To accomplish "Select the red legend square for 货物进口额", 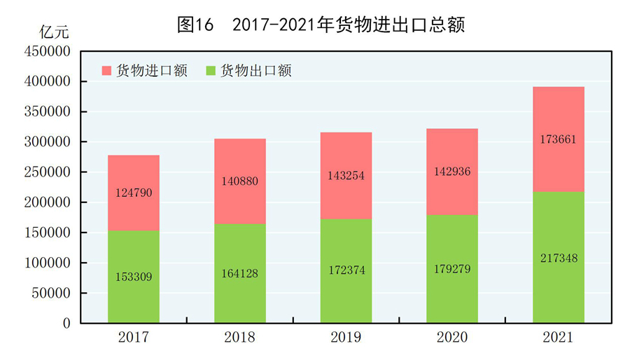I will pos(107,71).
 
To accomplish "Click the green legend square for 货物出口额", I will pos(211,71).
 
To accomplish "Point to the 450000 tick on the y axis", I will pos(48,52).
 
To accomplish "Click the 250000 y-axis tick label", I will pos(48,172).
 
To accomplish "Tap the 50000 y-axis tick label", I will pos(51,293).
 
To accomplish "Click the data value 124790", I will pos(134,192).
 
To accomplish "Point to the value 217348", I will pos(558,258).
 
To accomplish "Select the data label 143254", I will pos(346,176).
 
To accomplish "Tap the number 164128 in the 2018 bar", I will pos(240,274).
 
